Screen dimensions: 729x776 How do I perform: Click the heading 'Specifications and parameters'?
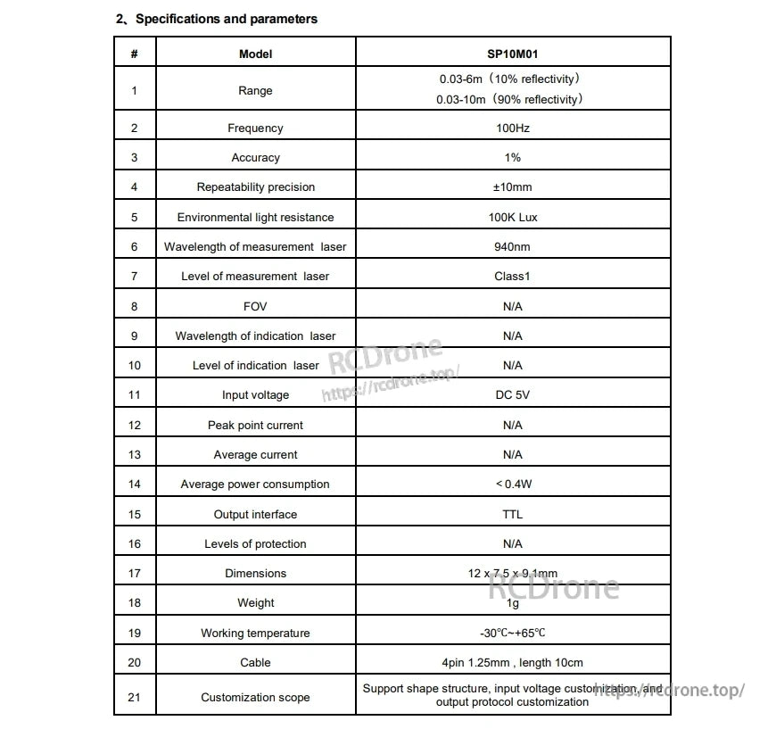click(x=226, y=19)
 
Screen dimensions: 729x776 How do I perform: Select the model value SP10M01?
click(x=512, y=54)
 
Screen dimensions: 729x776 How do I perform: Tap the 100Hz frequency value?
click(x=512, y=128)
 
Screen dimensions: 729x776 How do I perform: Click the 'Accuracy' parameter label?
click(x=255, y=158)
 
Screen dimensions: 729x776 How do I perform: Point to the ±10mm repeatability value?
click(x=512, y=187)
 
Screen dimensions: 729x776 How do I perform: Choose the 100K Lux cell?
click(x=512, y=217)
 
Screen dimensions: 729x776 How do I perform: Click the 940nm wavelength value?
click(x=512, y=247)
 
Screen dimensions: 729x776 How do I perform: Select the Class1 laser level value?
click(x=512, y=277)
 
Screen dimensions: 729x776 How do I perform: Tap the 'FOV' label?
click(x=255, y=306)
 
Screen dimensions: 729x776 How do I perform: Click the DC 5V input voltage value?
click(x=512, y=395)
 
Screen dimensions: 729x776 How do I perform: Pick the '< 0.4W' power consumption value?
click(x=512, y=485)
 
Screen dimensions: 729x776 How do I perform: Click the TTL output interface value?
click(x=512, y=514)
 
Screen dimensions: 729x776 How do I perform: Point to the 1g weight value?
click(x=512, y=603)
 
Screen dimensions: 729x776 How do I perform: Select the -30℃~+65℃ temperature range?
click(x=512, y=634)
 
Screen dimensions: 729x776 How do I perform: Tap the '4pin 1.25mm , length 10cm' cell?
click(x=512, y=663)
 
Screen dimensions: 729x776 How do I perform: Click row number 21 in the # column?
click(x=135, y=697)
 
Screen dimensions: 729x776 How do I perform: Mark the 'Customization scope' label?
click(x=255, y=697)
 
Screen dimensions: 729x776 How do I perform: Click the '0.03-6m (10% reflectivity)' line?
click(x=512, y=79)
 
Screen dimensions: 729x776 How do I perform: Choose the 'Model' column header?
click(x=255, y=54)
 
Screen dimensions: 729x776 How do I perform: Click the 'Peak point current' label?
click(x=255, y=426)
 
